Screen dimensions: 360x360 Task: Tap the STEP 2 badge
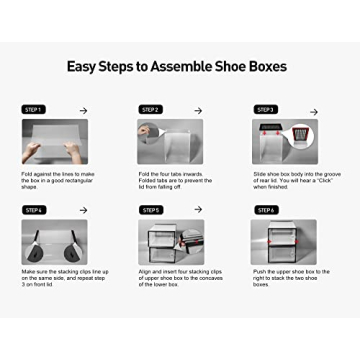150,109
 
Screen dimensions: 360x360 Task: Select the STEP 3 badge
265,109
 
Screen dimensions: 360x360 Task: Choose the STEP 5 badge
150,210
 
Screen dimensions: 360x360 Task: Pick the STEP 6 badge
265,210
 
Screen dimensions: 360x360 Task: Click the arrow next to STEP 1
82,109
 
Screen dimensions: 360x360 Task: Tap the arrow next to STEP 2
197,109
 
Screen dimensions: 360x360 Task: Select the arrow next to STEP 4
82,210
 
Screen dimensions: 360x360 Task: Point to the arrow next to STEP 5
197,210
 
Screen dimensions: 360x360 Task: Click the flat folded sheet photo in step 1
55,141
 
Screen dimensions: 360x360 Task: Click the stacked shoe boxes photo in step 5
170,242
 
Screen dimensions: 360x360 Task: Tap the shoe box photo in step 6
283,242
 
